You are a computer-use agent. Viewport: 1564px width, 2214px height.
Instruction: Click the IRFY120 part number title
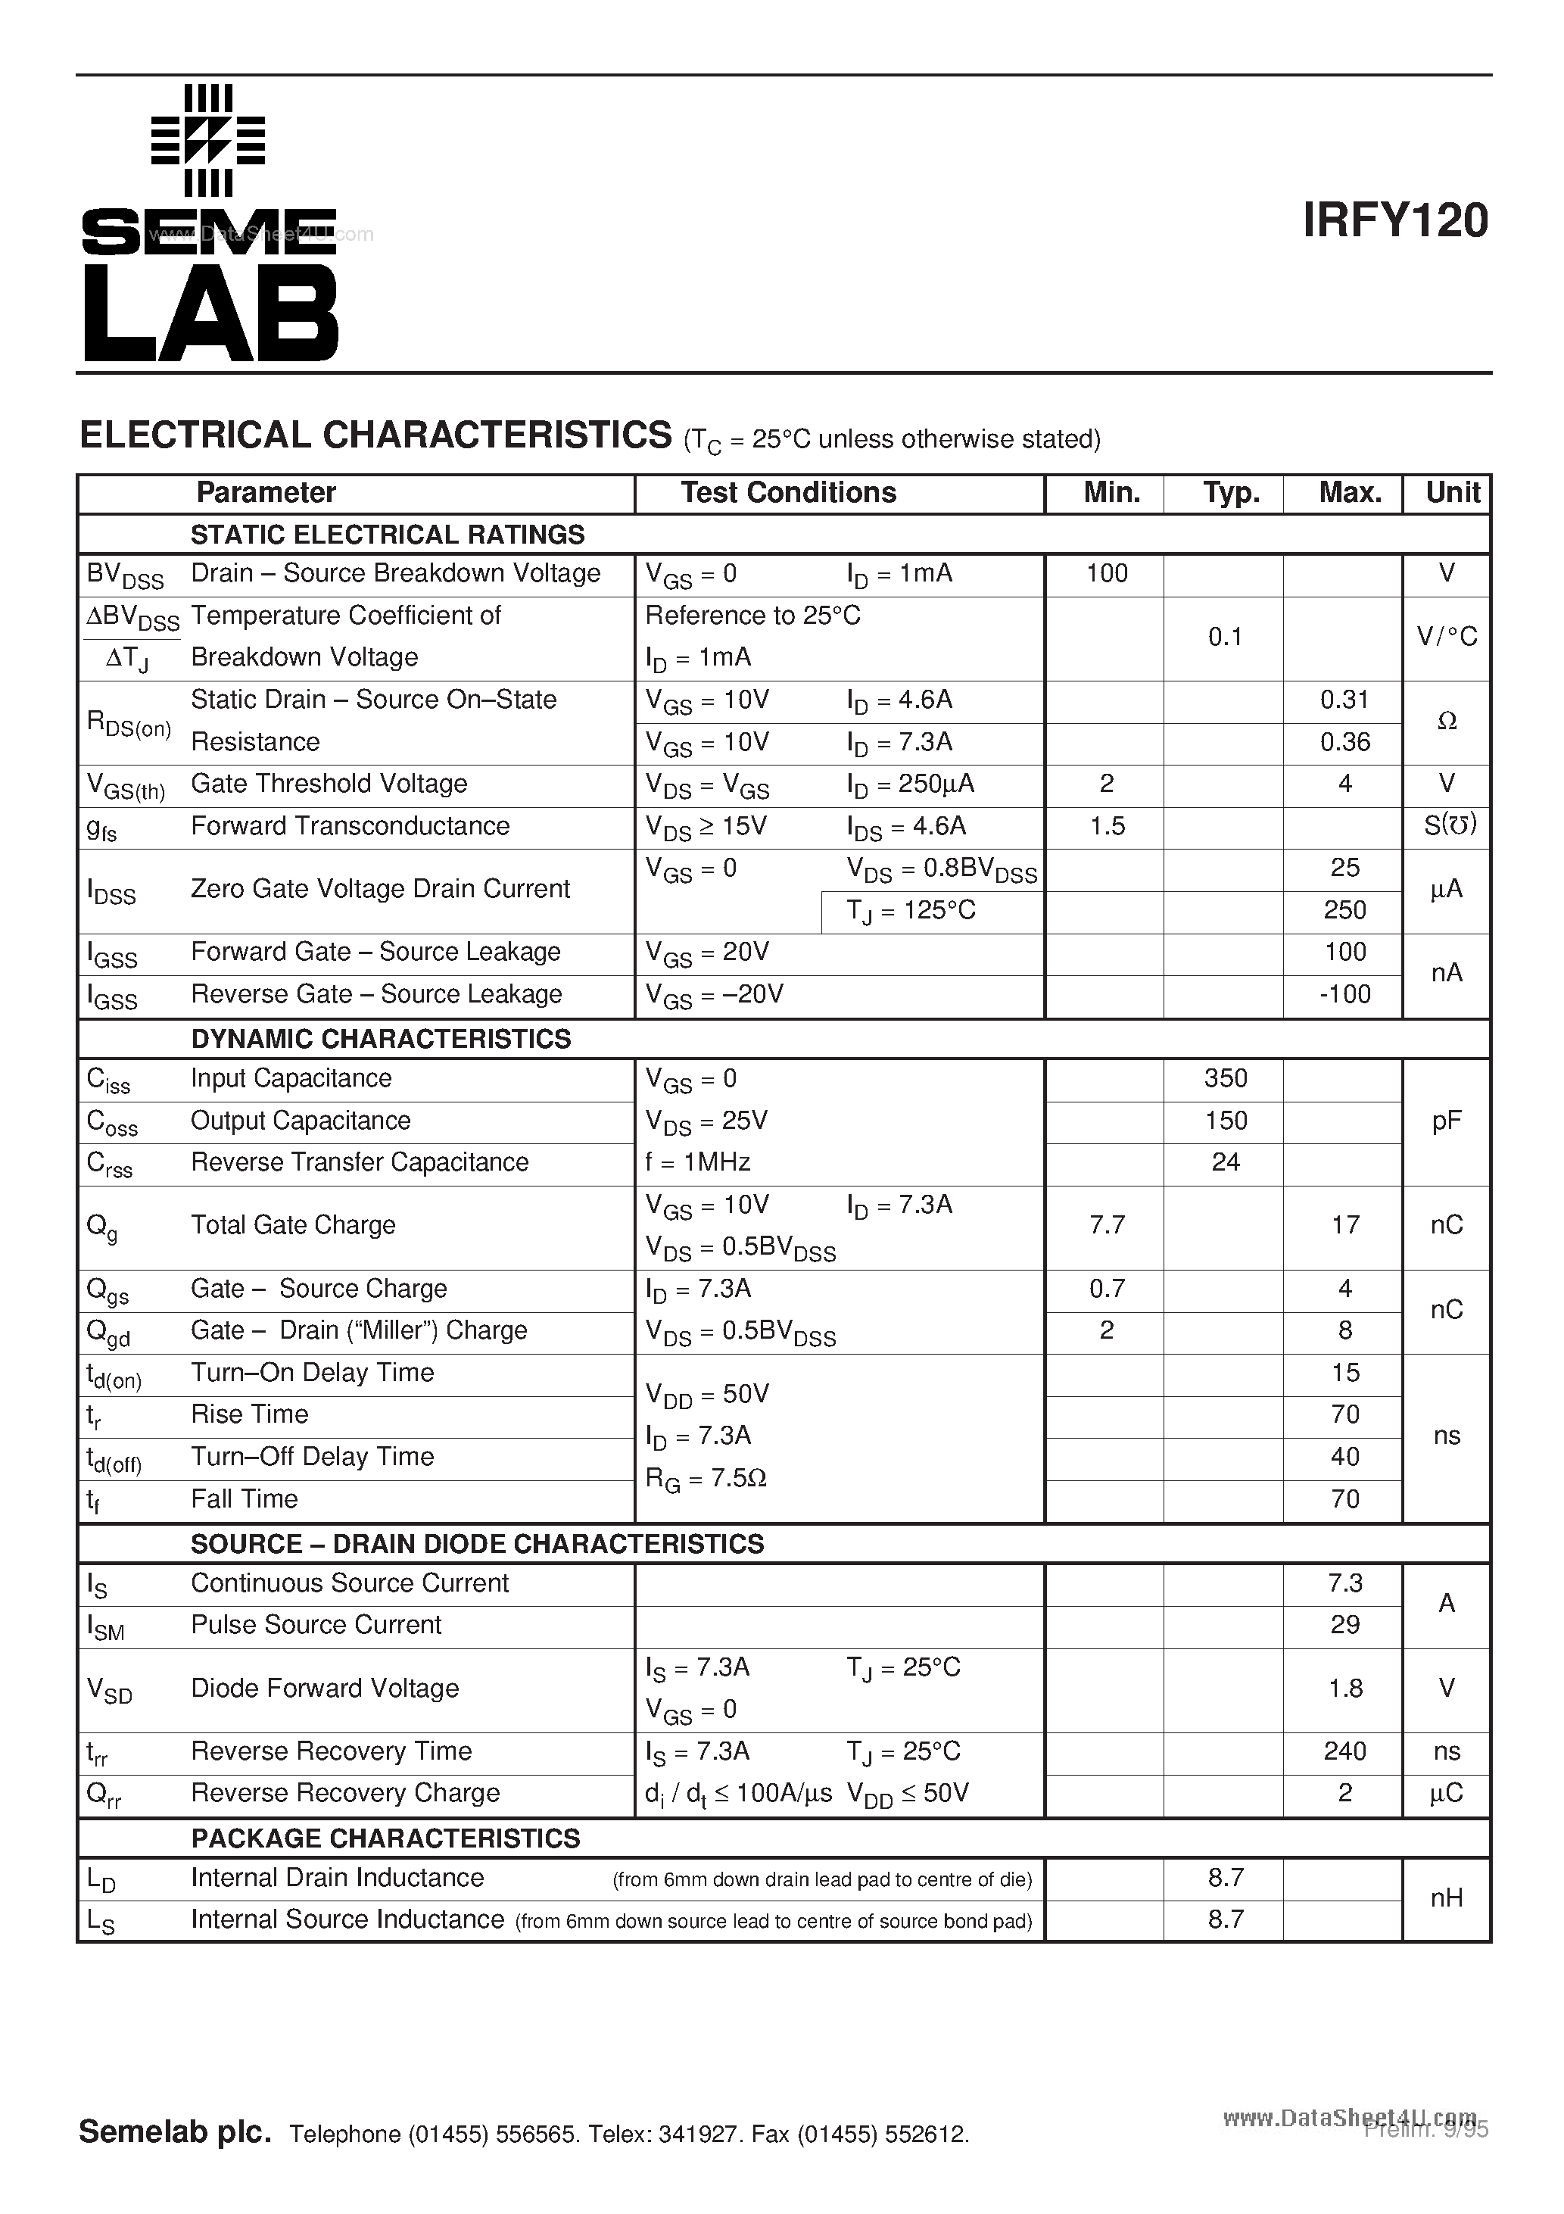1394,221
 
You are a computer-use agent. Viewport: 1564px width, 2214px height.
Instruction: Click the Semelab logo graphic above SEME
208,140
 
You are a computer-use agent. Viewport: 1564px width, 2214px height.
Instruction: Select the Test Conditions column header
788,493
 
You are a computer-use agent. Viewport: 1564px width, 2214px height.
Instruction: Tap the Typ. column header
1230,493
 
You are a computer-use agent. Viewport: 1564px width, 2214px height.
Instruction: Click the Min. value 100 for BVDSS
1106,574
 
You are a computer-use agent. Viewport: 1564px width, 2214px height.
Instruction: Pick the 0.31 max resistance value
1344,700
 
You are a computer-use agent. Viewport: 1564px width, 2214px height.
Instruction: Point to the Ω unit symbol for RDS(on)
1447,722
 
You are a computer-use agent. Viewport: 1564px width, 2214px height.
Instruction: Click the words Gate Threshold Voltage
329,784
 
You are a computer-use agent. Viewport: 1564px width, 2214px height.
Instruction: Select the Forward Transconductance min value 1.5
1107,826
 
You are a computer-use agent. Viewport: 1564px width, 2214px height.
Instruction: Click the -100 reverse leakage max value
1344,994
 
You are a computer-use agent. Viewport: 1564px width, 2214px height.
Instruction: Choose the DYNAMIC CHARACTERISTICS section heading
381,1039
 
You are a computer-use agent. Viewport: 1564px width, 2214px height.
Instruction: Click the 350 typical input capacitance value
1226,1078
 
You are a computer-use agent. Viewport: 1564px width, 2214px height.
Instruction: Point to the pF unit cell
1447,1121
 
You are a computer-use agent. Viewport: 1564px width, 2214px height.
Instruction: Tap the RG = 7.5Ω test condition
705,1478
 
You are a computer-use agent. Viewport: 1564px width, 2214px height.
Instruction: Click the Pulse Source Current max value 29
1344,1625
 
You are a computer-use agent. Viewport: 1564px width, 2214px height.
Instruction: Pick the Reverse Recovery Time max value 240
1344,1751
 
